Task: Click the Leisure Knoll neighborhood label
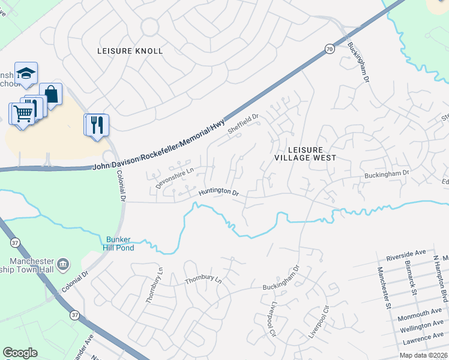[x=130, y=51]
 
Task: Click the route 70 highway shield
[x=330, y=49]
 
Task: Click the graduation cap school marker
[x=26, y=73]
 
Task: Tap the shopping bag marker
[x=51, y=94]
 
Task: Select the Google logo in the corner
[x=20, y=353]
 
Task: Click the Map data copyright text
[x=424, y=355]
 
